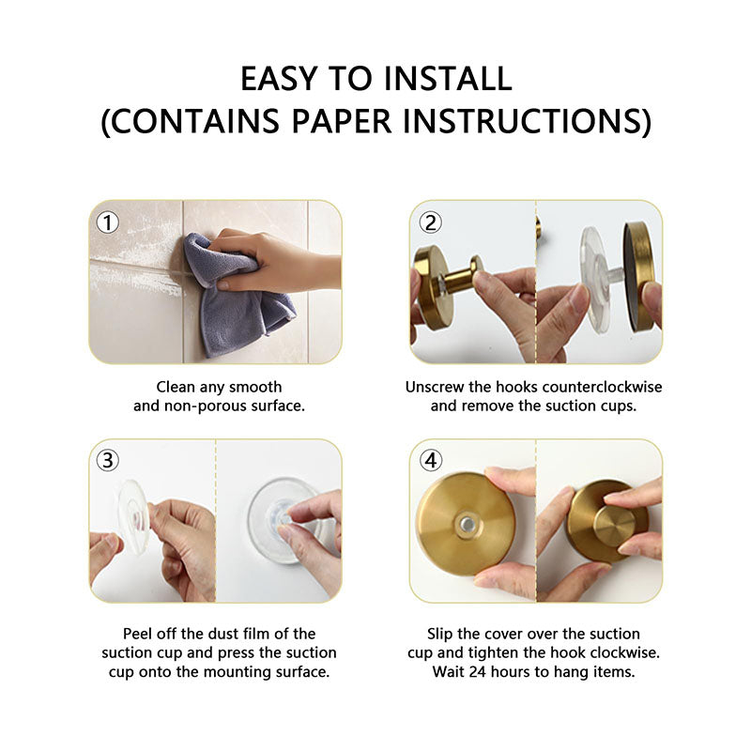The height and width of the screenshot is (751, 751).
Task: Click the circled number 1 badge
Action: (108, 222)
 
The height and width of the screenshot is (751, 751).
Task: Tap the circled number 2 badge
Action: (431, 222)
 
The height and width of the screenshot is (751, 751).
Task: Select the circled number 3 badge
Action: (108, 461)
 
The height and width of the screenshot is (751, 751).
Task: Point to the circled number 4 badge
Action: (431, 461)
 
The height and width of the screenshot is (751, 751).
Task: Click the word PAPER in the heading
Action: (342, 121)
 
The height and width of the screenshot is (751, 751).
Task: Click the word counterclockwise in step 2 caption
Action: (602, 387)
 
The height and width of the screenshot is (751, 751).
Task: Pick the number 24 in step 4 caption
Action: (478, 671)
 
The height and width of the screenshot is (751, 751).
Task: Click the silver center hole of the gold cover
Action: (467, 525)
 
